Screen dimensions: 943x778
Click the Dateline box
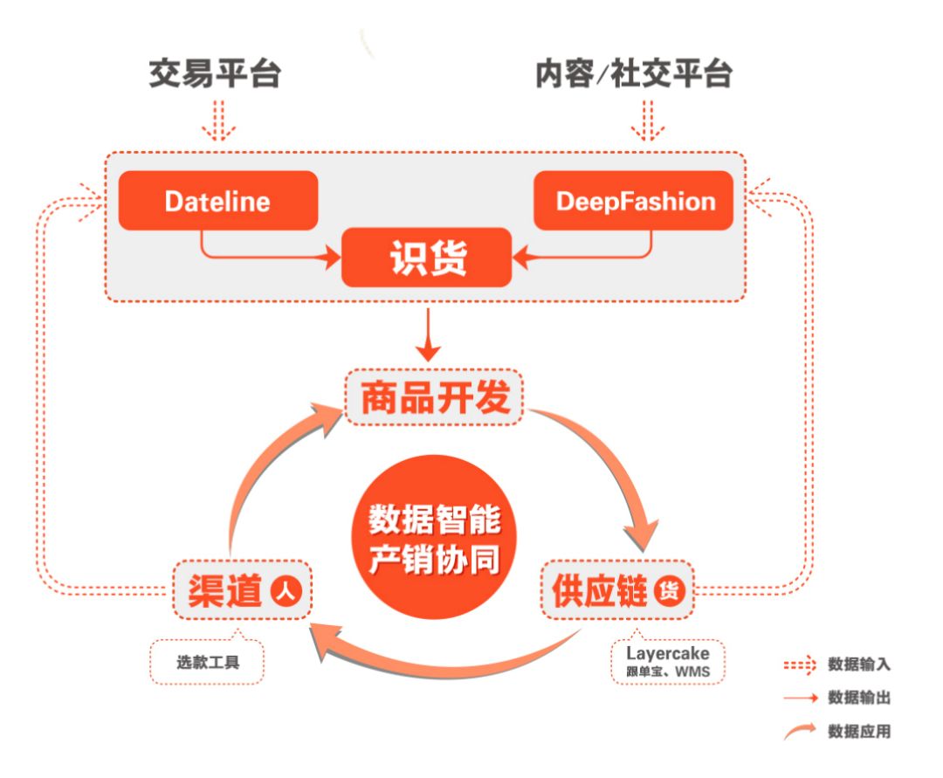click(x=217, y=200)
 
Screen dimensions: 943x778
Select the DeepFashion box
click(x=633, y=200)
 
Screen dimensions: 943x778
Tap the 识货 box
click(x=426, y=258)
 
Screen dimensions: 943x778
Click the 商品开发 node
click(x=434, y=397)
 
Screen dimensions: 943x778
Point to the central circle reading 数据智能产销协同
click(x=434, y=537)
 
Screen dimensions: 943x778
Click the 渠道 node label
click(x=225, y=590)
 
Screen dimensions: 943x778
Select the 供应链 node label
click(x=600, y=590)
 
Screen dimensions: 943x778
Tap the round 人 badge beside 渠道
click(x=286, y=590)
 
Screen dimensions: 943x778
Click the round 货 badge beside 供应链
click(x=670, y=590)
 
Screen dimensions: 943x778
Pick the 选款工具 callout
click(x=207, y=660)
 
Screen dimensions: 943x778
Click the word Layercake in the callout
click(x=668, y=653)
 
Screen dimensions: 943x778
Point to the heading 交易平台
click(x=215, y=73)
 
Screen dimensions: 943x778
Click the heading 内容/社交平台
click(x=633, y=73)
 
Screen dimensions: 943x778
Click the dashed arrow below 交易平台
click(x=219, y=120)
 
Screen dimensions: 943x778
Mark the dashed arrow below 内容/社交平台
click(x=648, y=120)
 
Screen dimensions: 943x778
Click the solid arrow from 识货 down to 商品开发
click(x=428, y=334)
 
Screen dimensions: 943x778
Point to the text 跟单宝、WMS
click(x=668, y=671)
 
